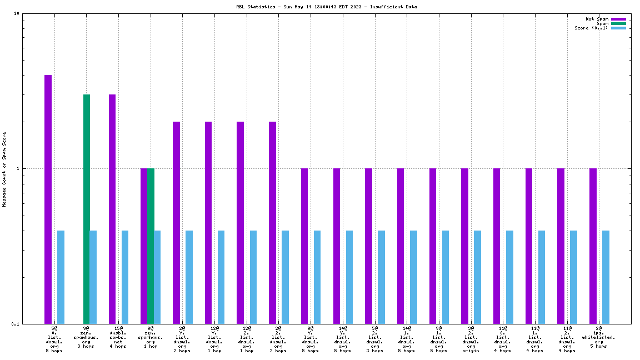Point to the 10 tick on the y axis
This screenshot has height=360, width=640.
(17, 14)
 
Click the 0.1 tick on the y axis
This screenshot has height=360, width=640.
(16, 324)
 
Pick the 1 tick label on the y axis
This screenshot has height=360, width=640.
(18, 168)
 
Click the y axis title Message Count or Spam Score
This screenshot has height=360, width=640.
(4, 169)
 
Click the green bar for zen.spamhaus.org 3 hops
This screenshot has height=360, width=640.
(87, 209)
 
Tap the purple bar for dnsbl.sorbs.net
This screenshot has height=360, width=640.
(112, 209)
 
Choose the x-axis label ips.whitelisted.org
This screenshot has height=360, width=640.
(598, 337)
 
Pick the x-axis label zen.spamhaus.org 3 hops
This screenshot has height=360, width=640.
(86, 337)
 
